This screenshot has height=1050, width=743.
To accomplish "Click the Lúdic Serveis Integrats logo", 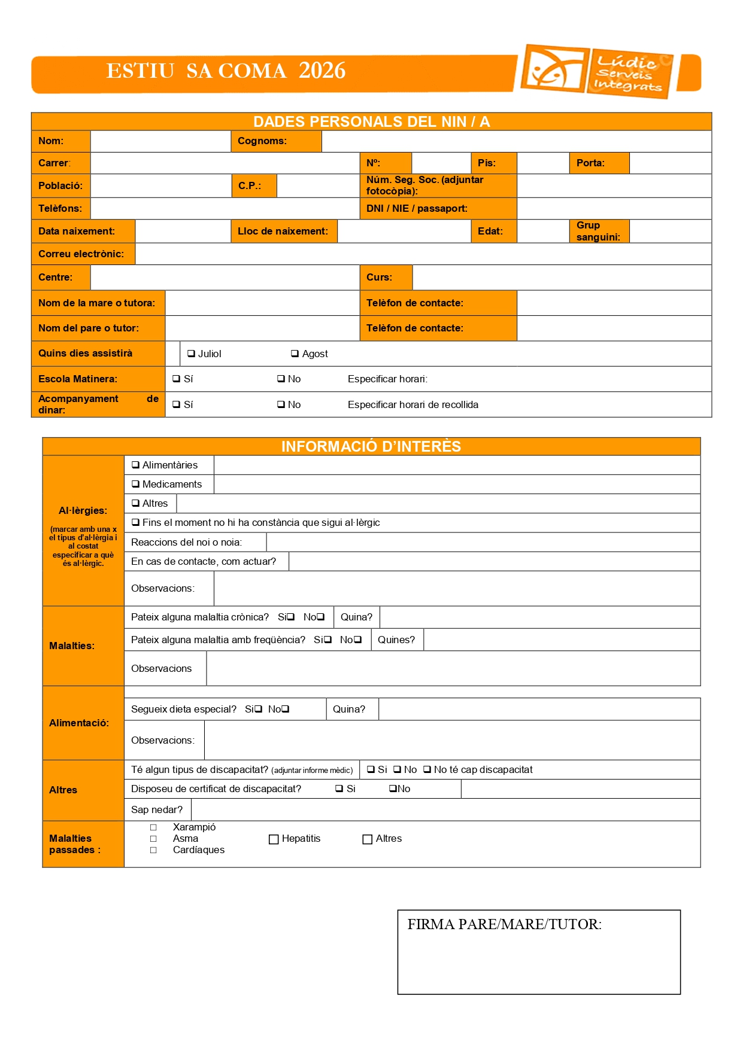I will (597, 71).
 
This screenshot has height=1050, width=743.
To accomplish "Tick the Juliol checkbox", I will (192, 354).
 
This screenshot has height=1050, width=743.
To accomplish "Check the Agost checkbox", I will (295, 354).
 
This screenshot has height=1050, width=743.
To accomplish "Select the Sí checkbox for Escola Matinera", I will (177, 379).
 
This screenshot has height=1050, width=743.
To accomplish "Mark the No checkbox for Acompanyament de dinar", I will (281, 404).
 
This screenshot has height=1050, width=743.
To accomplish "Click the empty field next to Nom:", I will (160, 141).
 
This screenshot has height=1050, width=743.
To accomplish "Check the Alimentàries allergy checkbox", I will (136, 465).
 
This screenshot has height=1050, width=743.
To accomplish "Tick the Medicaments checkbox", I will (136, 484).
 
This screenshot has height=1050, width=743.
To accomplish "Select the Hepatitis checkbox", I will (274, 839).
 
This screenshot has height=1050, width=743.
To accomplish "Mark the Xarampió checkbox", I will (153, 827).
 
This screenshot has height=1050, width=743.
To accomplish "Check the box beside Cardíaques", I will (153, 850).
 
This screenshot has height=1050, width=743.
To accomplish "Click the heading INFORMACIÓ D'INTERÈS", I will (371, 446).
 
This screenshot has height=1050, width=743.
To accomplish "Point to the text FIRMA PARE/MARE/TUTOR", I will (504, 924).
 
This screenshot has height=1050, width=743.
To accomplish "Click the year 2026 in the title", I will (322, 71).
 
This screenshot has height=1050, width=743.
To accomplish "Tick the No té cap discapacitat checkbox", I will (427, 769).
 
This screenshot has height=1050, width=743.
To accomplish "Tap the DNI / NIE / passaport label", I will (417, 208).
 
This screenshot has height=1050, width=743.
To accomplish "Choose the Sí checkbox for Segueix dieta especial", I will (259, 709).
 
